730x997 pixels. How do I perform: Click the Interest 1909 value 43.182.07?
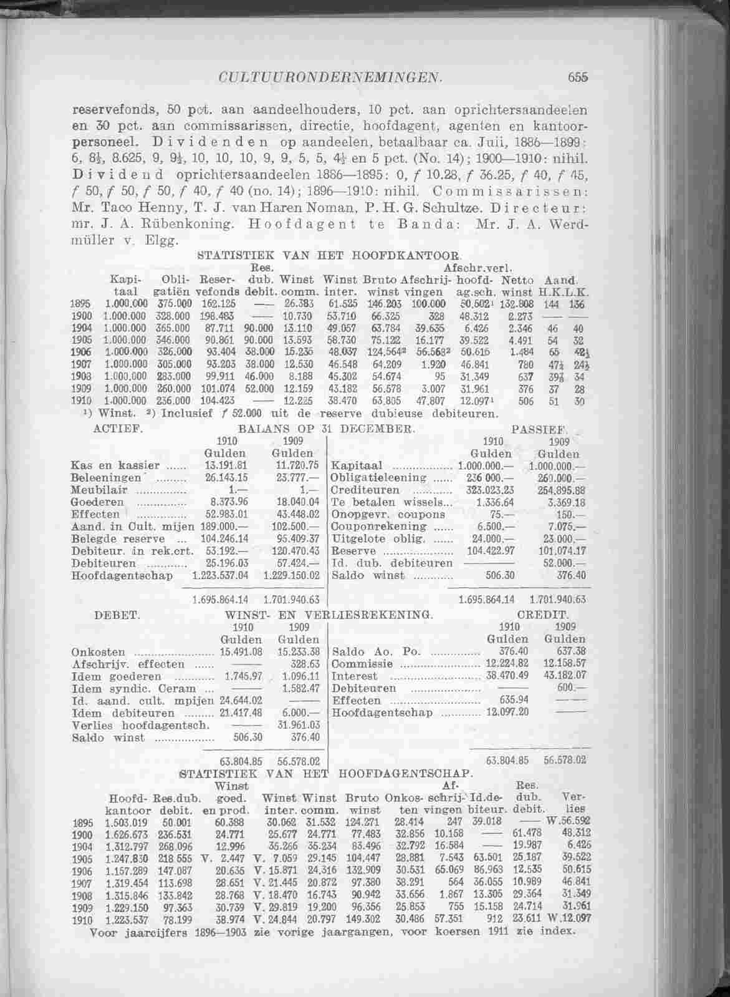click(x=565, y=676)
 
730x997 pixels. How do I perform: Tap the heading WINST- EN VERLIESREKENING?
click(x=329, y=615)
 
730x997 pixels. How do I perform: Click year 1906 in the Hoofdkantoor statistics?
click(x=82, y=352)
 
